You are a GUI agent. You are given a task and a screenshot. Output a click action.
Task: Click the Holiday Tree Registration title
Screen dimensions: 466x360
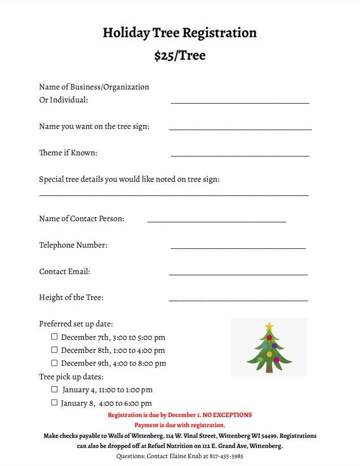[x=180, y=33]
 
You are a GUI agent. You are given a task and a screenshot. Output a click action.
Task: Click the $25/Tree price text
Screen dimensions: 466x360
[x=180, y=56]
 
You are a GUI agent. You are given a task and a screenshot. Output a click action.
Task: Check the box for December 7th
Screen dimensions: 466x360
[x=55, y=337]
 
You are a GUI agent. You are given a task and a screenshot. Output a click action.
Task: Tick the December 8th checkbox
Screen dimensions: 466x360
[x=55, y=350]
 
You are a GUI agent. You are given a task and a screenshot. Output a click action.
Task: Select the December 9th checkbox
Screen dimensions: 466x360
[x=55, y=363]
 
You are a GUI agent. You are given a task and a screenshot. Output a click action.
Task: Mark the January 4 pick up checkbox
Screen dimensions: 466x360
[x=55, y=389]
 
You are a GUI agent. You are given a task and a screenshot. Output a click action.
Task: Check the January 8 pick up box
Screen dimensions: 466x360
[x=55, y=402]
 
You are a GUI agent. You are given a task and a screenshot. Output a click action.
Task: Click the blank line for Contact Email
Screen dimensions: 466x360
[x=238, y=274]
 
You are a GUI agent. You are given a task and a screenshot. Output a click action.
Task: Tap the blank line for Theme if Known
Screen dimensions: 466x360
[x=239, y=155]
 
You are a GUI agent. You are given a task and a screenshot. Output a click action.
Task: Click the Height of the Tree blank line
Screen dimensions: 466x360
[x=238, y=299]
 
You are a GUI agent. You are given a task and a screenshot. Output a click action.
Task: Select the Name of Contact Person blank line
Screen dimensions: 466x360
[x=216, y=221]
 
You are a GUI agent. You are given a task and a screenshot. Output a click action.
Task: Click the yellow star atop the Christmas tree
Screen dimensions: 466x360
[x=269, y=326]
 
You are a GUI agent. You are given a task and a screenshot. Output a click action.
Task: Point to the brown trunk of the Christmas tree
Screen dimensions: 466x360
[x=269, y=369]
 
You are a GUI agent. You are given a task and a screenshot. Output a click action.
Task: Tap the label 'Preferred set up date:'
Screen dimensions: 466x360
[x=76, y=324]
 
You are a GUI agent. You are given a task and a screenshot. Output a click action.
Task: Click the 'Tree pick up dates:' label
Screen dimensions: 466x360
[x=71, y=377]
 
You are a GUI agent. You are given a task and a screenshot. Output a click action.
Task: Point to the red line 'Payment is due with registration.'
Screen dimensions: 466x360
[x=180, y=425]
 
